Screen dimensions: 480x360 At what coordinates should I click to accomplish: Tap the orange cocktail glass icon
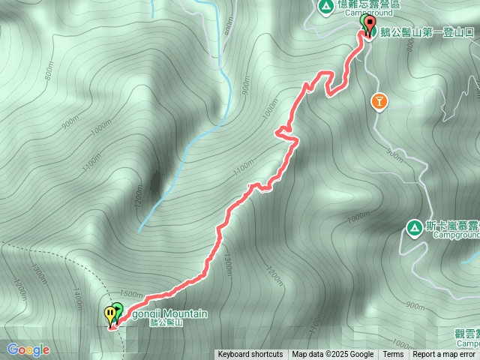click(379, 101)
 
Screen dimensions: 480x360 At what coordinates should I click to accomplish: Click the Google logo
click(28, 349)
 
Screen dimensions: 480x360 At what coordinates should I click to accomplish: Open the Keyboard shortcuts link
click(250, 355)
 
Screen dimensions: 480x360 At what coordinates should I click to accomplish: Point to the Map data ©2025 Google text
click(332, 355)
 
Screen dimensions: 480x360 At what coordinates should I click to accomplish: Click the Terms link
click(393, 355)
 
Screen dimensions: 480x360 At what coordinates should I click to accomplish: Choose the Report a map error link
click(444, 355)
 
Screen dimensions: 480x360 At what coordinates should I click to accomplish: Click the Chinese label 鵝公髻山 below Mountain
click(166, 322)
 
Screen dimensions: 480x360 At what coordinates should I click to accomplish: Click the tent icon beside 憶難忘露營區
click(325, 7)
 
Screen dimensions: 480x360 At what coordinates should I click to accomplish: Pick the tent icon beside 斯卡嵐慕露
click(413, 226)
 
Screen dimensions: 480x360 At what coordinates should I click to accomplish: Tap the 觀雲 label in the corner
click(465, 333)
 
